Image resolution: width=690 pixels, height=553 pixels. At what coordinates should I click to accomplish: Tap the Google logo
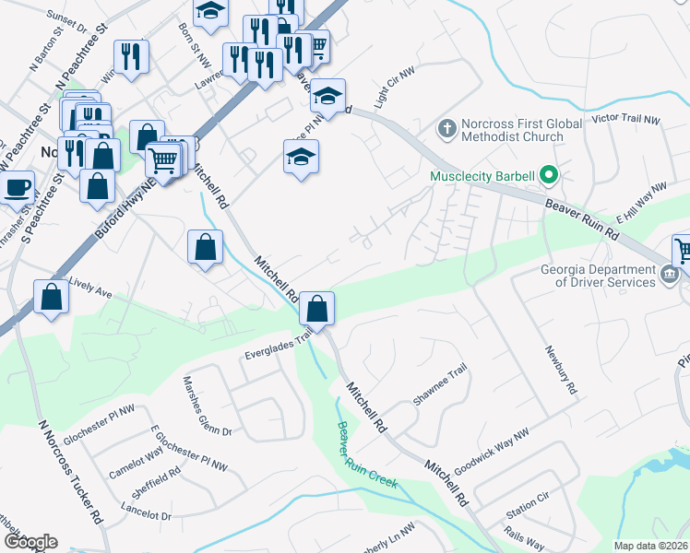tap(30, 542)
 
